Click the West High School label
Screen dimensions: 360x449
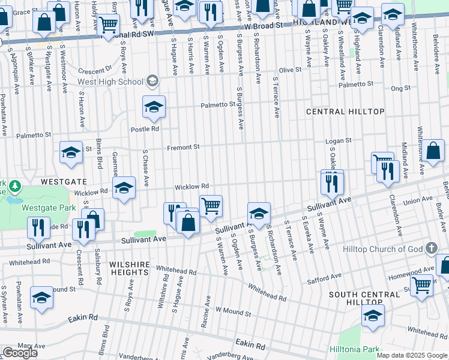(110, 82)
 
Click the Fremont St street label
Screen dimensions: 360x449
(182, 147)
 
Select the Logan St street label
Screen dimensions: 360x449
(338, 141)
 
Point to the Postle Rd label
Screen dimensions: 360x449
(145, 128)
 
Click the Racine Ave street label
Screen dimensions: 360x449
(206, 311)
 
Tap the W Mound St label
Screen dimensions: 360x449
(233, 311)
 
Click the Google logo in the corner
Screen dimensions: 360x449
(20, 353)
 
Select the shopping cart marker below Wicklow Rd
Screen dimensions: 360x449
(211, 206)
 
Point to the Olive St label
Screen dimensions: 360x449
(290, 70)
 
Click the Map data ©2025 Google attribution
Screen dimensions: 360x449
(412, 355)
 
